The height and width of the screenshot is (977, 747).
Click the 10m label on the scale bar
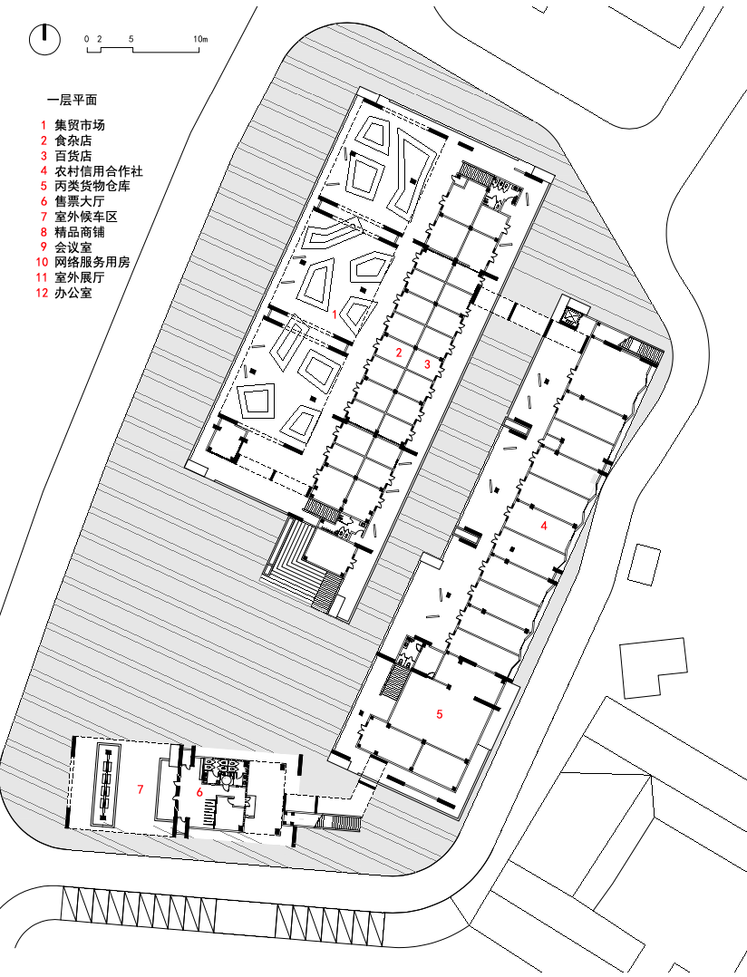pyautogui.click(x=200, y=40)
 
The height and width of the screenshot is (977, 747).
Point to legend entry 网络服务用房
pyautogui.click(x=92, y=262)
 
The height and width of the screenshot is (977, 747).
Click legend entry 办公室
pyautogui.click(x=73, y=293)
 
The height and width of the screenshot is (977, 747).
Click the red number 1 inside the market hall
pyautogui.click(x=335, y=314)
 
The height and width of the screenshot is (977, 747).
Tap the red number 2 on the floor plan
pyautogui.click(x=398, y=352)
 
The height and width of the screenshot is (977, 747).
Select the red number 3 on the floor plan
pyautogui.click(x=428, y=363)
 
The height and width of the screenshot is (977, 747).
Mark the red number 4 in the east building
pyautogui.click(x=544, y=525)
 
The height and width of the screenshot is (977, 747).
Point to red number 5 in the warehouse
pyautogui.click(x=440, y=714)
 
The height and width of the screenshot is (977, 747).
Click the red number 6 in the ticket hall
pyautogui.click(x=199, y=792)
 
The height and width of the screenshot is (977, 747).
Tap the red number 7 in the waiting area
pyautogui.click(x=141, y=789)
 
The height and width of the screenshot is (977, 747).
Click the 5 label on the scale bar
pyautogui.click(x=131, y=40)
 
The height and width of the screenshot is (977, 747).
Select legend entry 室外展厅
pyautogui.click(x=80, y=277)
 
